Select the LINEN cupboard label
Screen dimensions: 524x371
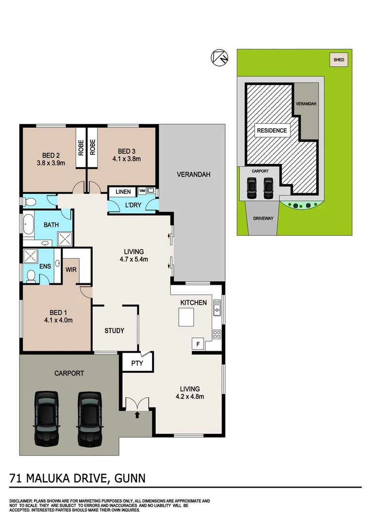[x=122, y=192]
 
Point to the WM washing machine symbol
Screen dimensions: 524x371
[x=142, y=191]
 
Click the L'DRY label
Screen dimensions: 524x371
[x=133, y=205]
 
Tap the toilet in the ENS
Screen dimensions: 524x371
[x=31, y=275]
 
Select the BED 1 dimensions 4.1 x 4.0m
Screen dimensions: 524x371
[x=58, y=320]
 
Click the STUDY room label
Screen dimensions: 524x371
[x=115, y=331]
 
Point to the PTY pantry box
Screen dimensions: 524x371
[x=137, y=362]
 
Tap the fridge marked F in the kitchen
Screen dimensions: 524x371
[x=198, y=344]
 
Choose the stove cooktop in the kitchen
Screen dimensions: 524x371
[x=217, y=334]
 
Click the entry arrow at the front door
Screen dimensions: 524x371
[x=137, y=415]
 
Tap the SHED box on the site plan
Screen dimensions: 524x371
[x=339, y=60]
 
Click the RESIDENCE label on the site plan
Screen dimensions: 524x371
[x=272, y=131]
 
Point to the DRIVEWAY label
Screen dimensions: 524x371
[x=264, y=218]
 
